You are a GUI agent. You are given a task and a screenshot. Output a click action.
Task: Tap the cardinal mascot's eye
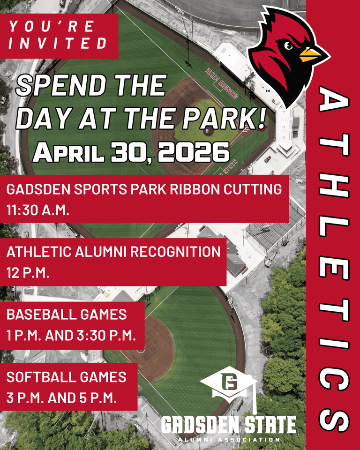(x=289, y=45)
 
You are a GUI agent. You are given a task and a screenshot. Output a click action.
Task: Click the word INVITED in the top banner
(x=58, y=44)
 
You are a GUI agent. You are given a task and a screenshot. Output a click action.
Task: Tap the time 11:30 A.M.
(x=38, y=210)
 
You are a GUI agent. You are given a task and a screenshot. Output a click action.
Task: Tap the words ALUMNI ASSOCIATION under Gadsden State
(x=228, y=440)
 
